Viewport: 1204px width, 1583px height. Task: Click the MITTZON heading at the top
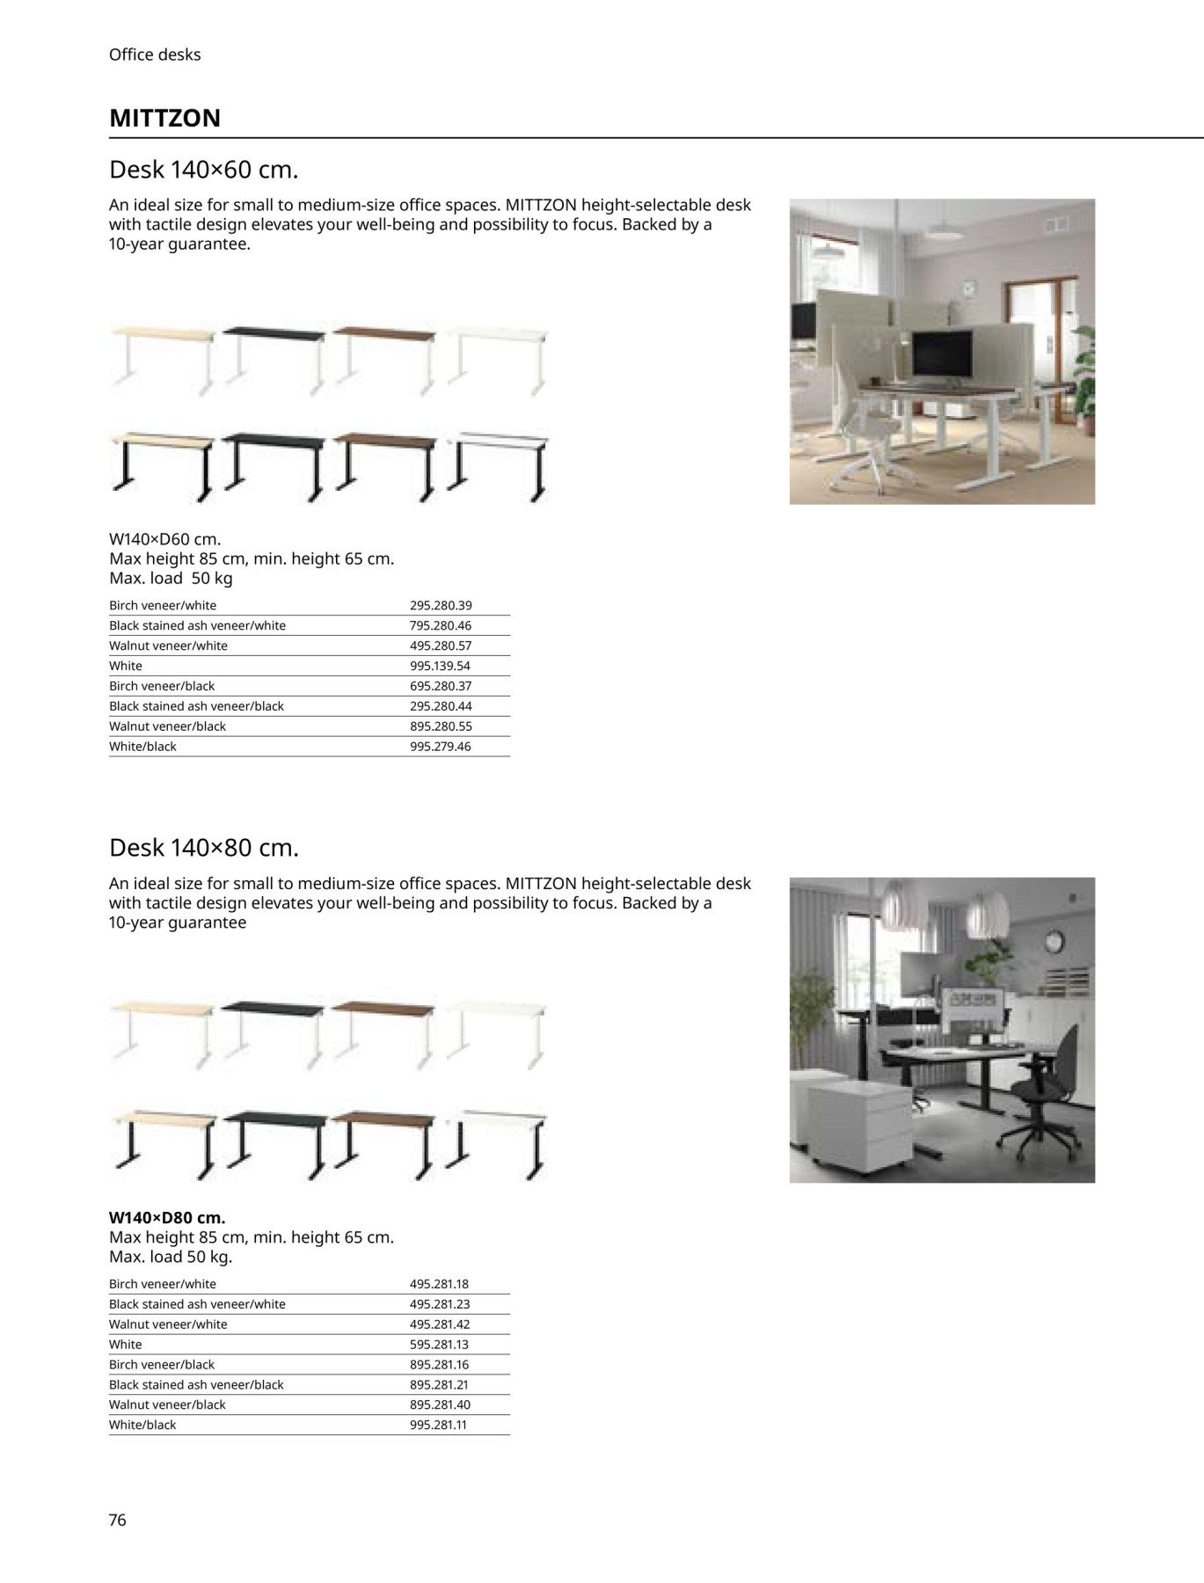pyautogui.click(x=164, y=118)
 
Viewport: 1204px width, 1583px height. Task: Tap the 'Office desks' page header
pyautogui.click(x=155, y=55)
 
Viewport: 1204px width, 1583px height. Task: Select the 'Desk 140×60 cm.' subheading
pyautogui.click(x=203, y=169)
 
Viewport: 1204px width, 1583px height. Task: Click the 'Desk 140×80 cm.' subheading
pyautogui.click(x=203, y=848)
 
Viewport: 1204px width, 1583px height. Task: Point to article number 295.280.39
pyautogui.click(x=441, y=605)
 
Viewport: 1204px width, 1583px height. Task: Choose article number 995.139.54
pyautogui.click(x=440, y=666)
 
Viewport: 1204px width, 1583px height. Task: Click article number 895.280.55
pyautogui.click(x=441, y=726)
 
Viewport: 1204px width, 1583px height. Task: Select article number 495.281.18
pyautogui.click(x=439, y=1284)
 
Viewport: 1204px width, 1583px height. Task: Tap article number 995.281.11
pyautogui.click(x=438, y=1425)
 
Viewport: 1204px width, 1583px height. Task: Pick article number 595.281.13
pyautogui.click(x=439, y=1344)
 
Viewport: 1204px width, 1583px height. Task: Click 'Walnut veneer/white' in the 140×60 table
pyautogui.click(x=168, y=646)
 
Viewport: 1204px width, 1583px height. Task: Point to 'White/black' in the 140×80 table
pyautogui.click(x=142, y=1425)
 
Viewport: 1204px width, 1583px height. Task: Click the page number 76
pyautogui.click(x=118, y=1520)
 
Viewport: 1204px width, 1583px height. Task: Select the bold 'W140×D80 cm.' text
pyautogui.click(x=167, y=1218)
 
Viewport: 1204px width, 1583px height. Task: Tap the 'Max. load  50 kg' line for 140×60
pyautogui.click(x=171, y=579)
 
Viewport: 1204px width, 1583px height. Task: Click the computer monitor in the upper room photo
pyautogui.click(x=941, y=354)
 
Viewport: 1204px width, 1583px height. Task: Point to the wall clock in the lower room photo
pyautogui.click(x=1054, y=942)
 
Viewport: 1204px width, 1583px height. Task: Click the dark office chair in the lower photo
pyautogui.click(x=1047, y=1091)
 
